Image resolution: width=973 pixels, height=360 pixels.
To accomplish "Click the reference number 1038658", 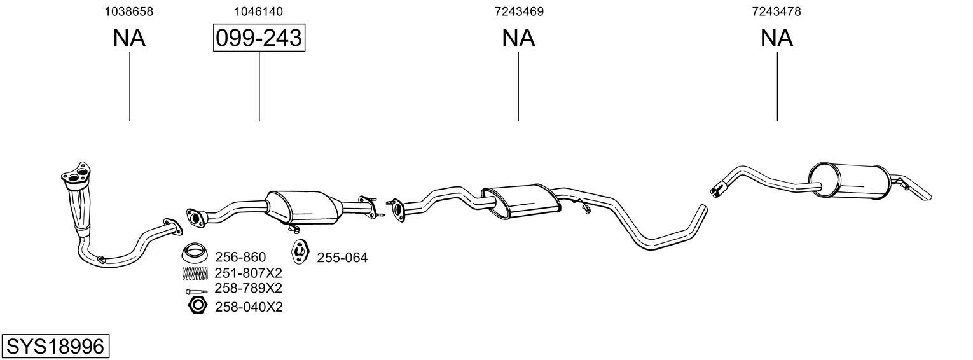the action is [128, 11].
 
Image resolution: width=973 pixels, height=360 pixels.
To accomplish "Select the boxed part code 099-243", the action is [259, 38].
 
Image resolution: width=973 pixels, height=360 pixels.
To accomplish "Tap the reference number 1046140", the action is [258, 11].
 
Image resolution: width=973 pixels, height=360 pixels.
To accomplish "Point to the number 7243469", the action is [519, 11].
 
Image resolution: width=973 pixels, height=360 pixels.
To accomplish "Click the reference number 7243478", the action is [776, 11].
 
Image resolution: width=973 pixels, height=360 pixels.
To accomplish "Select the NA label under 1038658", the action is [129, 38].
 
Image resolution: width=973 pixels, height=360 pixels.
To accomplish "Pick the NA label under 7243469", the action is [519, 38].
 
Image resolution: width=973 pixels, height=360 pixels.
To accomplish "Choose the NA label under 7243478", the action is [776, 38].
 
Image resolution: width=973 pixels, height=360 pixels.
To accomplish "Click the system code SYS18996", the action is [55, 347].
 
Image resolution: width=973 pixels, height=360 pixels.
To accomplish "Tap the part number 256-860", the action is [240, 257].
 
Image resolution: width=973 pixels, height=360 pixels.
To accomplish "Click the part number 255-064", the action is [342, 258].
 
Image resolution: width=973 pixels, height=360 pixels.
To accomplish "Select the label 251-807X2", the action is [249, 273].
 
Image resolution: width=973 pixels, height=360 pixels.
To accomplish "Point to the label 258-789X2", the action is [249, 288].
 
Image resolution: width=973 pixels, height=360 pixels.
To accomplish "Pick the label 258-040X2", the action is [249, 307].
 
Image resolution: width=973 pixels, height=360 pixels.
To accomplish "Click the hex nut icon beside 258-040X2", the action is [197, 306].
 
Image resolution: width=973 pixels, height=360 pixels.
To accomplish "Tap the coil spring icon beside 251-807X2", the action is [195, 273].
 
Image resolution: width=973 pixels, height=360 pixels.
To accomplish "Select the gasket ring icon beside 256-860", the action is [194, 253].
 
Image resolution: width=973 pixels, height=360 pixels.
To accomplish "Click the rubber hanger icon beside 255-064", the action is [300, 252].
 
